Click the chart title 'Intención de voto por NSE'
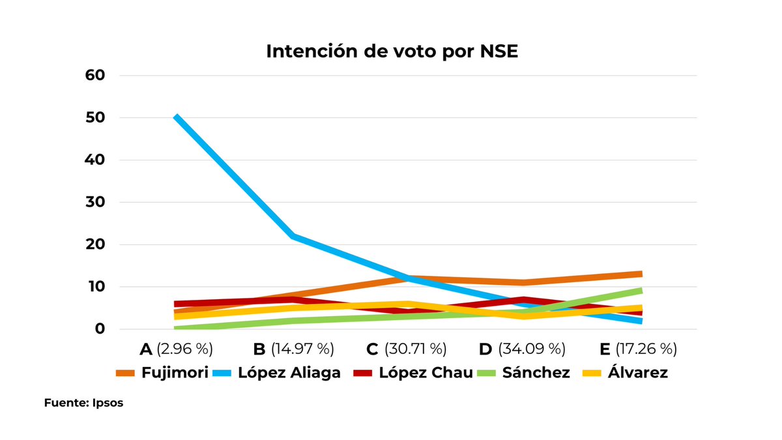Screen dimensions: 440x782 point(392,51)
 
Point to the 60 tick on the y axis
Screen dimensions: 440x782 point(94,76)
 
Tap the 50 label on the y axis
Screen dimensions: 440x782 point(94,118)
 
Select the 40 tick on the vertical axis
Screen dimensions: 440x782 point(94,160)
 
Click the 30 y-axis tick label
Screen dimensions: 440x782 point(94,203)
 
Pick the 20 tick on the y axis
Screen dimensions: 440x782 point(94,245)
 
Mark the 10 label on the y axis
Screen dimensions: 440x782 point(94,287)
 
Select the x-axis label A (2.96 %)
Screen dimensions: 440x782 point(176,349)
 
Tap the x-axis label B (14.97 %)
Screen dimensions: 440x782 point(293,349)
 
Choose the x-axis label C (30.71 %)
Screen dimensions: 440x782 point(407,349)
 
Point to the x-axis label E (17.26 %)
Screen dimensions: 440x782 point(638,349)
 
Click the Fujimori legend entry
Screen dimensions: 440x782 point(162,374)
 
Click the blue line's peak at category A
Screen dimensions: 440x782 point(176,117)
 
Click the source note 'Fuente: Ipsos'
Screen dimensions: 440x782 point(83,403)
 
